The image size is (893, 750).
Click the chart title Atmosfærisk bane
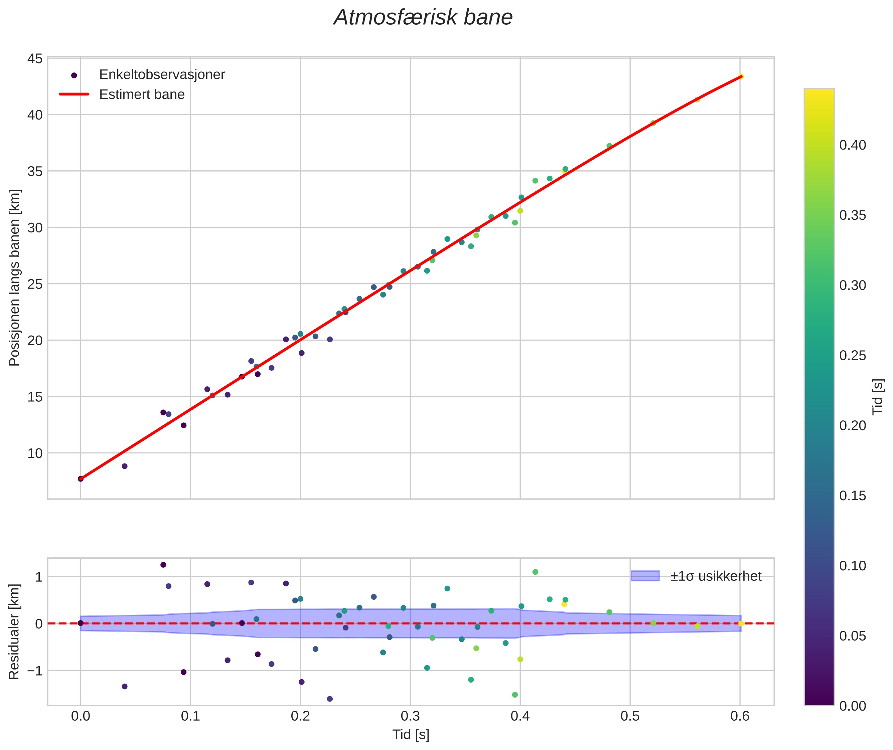[x=423, y=18]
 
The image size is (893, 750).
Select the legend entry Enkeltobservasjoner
[x=162, y=75]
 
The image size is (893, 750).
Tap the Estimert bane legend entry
[x=142, y=95]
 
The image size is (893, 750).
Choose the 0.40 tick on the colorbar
[x=852, y=145]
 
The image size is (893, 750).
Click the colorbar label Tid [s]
[x=878, y=397]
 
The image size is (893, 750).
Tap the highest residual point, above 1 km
[x=163, y=565]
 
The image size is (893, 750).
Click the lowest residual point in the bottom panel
[x=330, y=699]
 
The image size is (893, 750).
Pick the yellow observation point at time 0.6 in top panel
[x=741, y=76]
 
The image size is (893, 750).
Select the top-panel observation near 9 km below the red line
[x=125, y=466]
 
